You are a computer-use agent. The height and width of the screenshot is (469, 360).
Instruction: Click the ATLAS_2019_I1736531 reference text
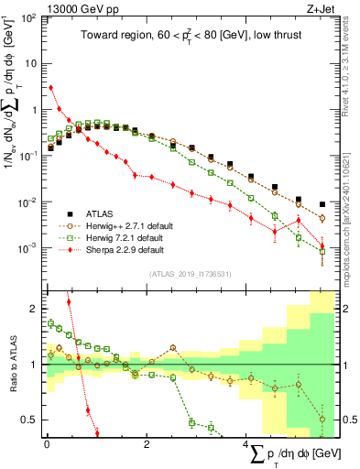click(x=190, y=274)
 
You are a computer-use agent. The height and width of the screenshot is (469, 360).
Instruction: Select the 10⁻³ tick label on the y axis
click(x=27, y=248)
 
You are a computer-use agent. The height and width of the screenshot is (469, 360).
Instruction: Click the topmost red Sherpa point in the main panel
click(x=50, y=88)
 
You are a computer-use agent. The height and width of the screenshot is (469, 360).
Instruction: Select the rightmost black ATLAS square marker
click(x=322, y=204)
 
